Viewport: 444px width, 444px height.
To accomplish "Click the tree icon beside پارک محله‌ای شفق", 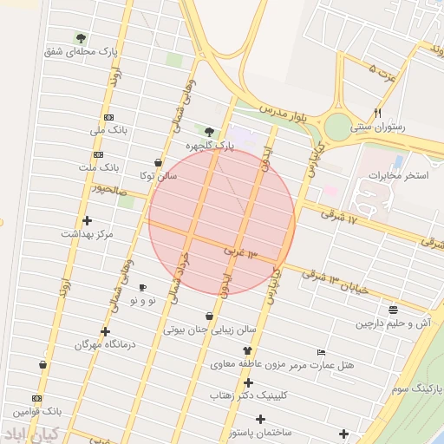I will (81, 38).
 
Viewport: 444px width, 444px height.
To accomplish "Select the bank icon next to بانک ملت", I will (109, 153).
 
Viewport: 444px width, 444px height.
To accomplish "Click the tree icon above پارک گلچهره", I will (209, 132).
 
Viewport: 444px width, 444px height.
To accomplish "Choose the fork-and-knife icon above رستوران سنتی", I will (377, 113).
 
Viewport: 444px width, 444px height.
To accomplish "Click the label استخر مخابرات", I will (399, 176).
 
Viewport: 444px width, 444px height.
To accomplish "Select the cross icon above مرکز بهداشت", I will (87, 220).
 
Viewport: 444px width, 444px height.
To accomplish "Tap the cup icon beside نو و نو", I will (143, 287).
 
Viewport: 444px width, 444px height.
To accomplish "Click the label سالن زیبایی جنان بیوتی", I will (210, 330).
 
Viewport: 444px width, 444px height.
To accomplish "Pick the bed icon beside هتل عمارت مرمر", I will (321, 353).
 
